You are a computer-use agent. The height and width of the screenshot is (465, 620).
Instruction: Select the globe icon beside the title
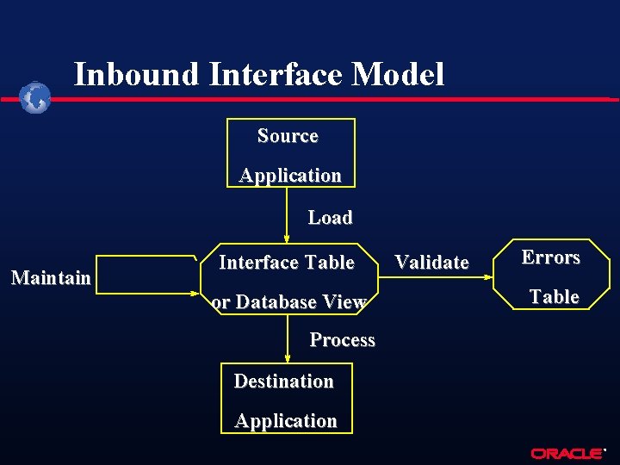[36, 98]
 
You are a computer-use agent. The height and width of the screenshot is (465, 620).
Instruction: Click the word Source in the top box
[288, 136]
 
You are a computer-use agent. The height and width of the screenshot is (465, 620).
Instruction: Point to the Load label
[330, 218]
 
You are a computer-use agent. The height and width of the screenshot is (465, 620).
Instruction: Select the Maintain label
[50, 278]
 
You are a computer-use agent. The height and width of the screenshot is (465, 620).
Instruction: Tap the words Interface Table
[287, 262]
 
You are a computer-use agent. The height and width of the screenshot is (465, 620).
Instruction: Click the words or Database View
[288, 302]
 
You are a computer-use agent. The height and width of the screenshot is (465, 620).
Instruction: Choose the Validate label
[431, 263]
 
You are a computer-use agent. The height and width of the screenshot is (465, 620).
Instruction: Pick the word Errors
[551, 257]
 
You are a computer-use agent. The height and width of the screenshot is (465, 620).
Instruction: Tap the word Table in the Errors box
[554, 297]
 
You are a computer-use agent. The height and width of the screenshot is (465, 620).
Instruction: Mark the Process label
[342, 340]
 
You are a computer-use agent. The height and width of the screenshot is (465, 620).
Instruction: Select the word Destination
[283, 381]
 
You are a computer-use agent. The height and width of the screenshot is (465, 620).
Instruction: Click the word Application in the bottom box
[286, 421]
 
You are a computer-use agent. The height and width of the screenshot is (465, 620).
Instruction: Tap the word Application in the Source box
[290, 176]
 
